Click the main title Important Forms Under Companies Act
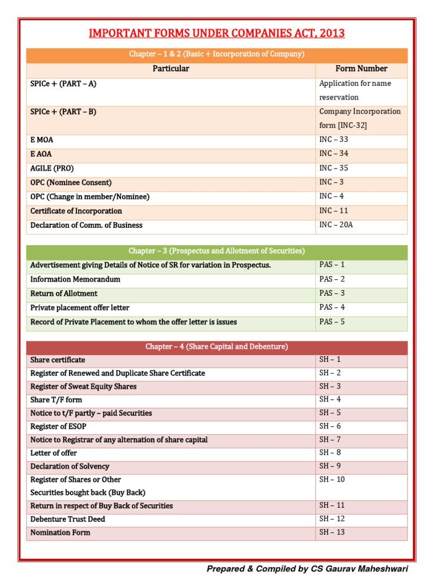[x=216, y=33]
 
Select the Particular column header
[x=171, y=69]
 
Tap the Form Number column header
[x=361, y=69]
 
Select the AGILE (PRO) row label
[x=52, y=168]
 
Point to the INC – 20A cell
[x=336, y=225]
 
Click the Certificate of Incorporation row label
[x=76, y=211]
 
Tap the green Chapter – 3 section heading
[x=216, y=251]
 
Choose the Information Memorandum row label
[x=75, y=279]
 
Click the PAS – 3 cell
[x=332, y=293]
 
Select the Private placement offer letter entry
[x=80, y=308]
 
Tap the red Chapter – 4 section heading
[x=216, y=347]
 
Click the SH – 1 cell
[x=330, y=360]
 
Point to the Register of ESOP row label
[x=58, y=426]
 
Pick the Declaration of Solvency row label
[x=70, y=466]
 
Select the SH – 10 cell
[x=332, y=479]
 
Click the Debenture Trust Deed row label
[x=68, y=519]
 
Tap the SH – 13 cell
[x=332, y=533]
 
